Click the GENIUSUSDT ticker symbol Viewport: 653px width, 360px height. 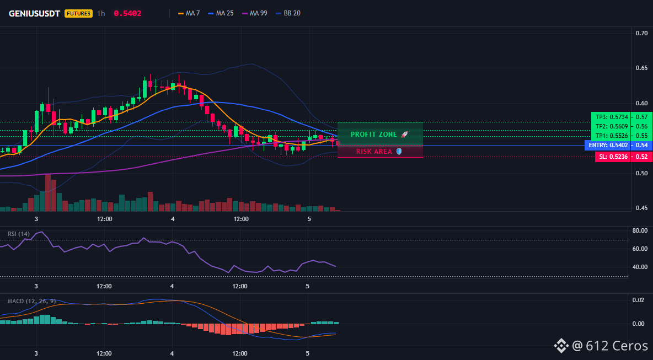pyautogui.click(x=35, y=13)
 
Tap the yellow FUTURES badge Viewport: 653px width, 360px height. pyautogui.click(x=78, y=13)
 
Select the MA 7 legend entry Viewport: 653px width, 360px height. pyautogui.click(x=189, y=13)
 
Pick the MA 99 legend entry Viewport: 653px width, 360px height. pyautogui.click(x=254, y=13)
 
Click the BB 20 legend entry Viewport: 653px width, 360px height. pyautogui.click(x=288, y=13)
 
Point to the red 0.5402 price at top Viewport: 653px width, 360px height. pyautogui.click(x=127, y=13)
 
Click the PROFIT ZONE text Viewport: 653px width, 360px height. pyautogui.click(x=374, y=135)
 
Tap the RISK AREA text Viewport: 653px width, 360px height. pyautogui.click(x=374, y=152)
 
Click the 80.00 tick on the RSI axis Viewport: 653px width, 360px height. pyautogui.click(x=640, y=230)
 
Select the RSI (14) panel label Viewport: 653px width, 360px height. pyautogui.click(x=19, y=234)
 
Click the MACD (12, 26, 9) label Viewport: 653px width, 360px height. pyautogui.click(x=31, y=301)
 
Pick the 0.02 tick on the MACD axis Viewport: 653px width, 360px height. pyautogui.click(x=639, y=300)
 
